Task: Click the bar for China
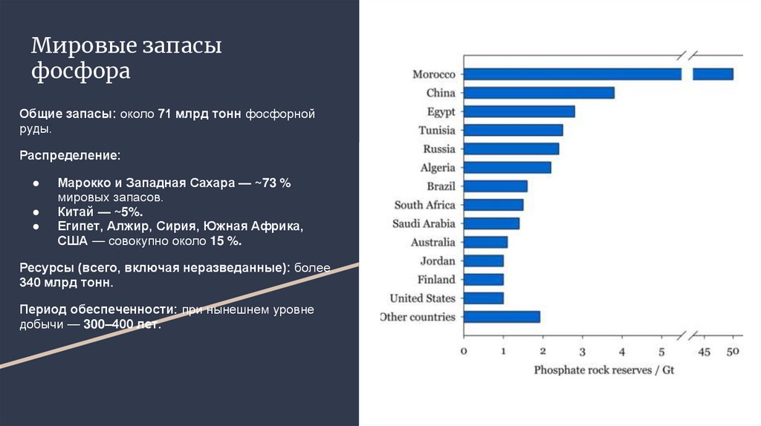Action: point(539,93)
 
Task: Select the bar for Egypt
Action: point(519,111)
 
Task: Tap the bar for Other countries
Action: point(502,317)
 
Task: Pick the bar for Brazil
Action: point(495,186)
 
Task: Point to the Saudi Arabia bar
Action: point(491,223)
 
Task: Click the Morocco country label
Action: point(433,74)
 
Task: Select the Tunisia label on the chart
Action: point(436,130)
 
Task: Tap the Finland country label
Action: point(436,280)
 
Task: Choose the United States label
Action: point(422,298)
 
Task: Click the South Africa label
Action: point(424,205)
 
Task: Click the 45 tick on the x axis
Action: point(705,352)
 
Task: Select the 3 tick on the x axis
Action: point(583,352)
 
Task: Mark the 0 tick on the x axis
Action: point(464,352)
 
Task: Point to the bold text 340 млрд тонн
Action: point(66,283)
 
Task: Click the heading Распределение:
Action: point(70,157)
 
